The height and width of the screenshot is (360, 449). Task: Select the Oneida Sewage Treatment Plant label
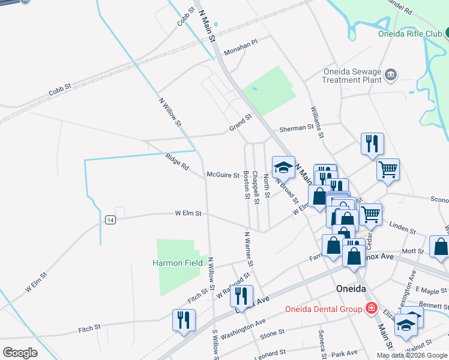[x=352, y=75]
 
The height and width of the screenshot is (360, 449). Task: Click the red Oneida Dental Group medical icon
[x=372, y=308]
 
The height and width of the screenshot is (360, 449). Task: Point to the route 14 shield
[x=110, y=220]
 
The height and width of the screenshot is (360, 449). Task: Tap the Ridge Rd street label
[x=177, y=162]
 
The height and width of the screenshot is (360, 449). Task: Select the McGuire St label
[x=223, y=175]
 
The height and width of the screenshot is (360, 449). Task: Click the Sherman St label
[x=297, y=128]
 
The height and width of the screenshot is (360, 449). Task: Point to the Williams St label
[x=317, y=122]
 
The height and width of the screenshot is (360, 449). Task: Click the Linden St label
[x=403, y=229]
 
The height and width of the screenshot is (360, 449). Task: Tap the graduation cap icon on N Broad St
[x=284, y=167]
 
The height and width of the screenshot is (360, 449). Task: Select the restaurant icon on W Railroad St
[x=242, y=295]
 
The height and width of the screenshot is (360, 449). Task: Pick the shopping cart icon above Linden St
[x=371, y=213]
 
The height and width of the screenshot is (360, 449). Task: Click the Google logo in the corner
[x=20, y=352]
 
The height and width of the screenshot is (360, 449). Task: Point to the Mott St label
[x=413, y=251]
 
